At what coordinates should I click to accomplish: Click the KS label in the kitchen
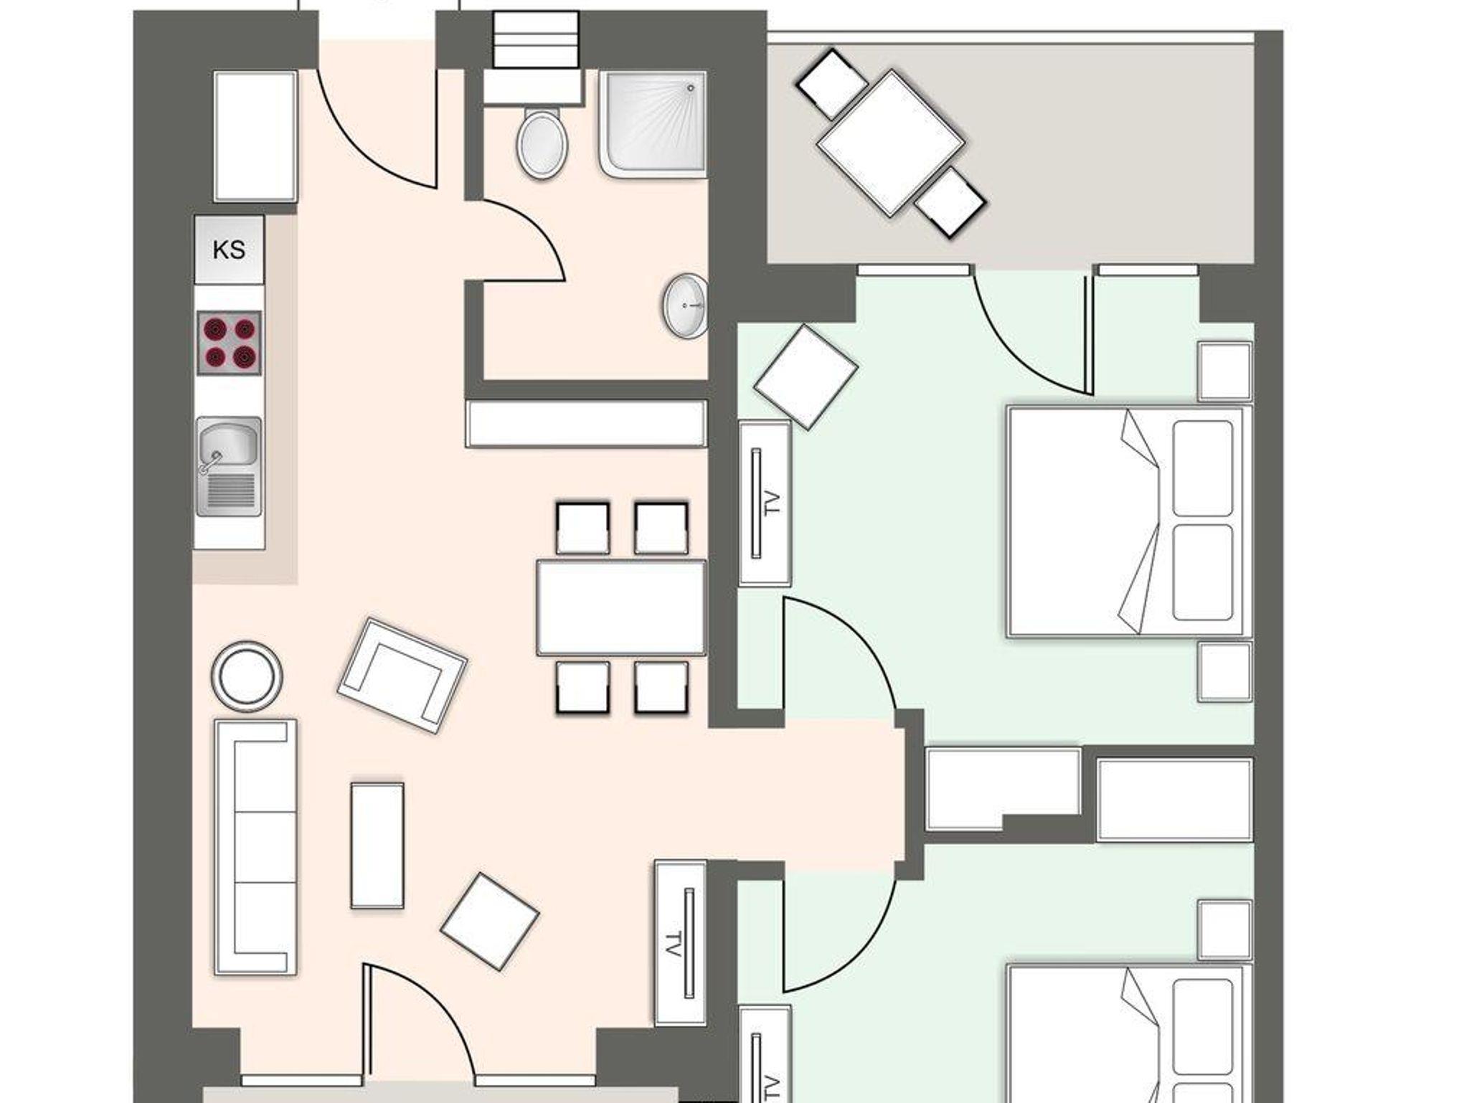tap(229, 250)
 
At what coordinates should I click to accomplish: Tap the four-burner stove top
tap(230, 343)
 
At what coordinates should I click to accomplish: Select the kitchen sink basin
tap(228, 445)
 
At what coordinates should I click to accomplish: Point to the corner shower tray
tap(653, 123)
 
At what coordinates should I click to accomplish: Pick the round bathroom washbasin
tap(686, 306)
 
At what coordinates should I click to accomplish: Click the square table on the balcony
tap(890, 143)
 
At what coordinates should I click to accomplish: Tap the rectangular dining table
tap(621, 607)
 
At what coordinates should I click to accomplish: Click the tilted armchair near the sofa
tap(402, 675)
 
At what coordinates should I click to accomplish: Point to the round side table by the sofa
tap(247, 676)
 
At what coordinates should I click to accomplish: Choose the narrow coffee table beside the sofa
tap(377, 846)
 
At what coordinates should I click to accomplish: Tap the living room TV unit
tap(680, 942)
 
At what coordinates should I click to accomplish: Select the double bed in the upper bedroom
tap(1129, 521)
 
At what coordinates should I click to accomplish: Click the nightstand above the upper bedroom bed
tap(1225, 371)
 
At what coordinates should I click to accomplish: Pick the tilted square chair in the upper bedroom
tap(806, 377)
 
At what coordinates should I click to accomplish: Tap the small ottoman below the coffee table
tap(489, 922)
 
